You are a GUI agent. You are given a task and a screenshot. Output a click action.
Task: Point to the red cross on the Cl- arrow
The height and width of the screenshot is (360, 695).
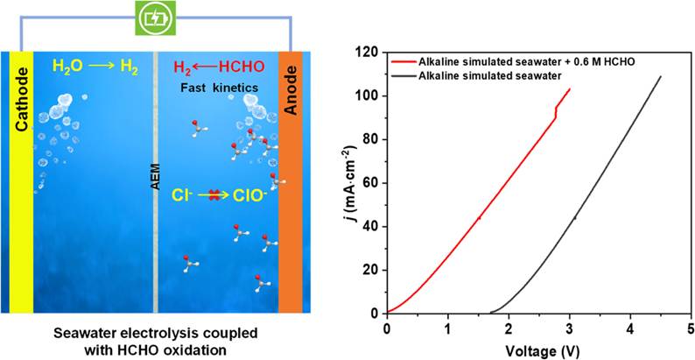point(214,195)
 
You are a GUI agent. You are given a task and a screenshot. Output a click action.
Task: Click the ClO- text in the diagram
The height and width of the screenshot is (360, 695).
point(248,195)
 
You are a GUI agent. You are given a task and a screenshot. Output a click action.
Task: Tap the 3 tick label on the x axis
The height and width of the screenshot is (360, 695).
point(570,328)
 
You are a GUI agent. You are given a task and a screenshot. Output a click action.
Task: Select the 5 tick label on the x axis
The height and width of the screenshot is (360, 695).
point(691,328)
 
